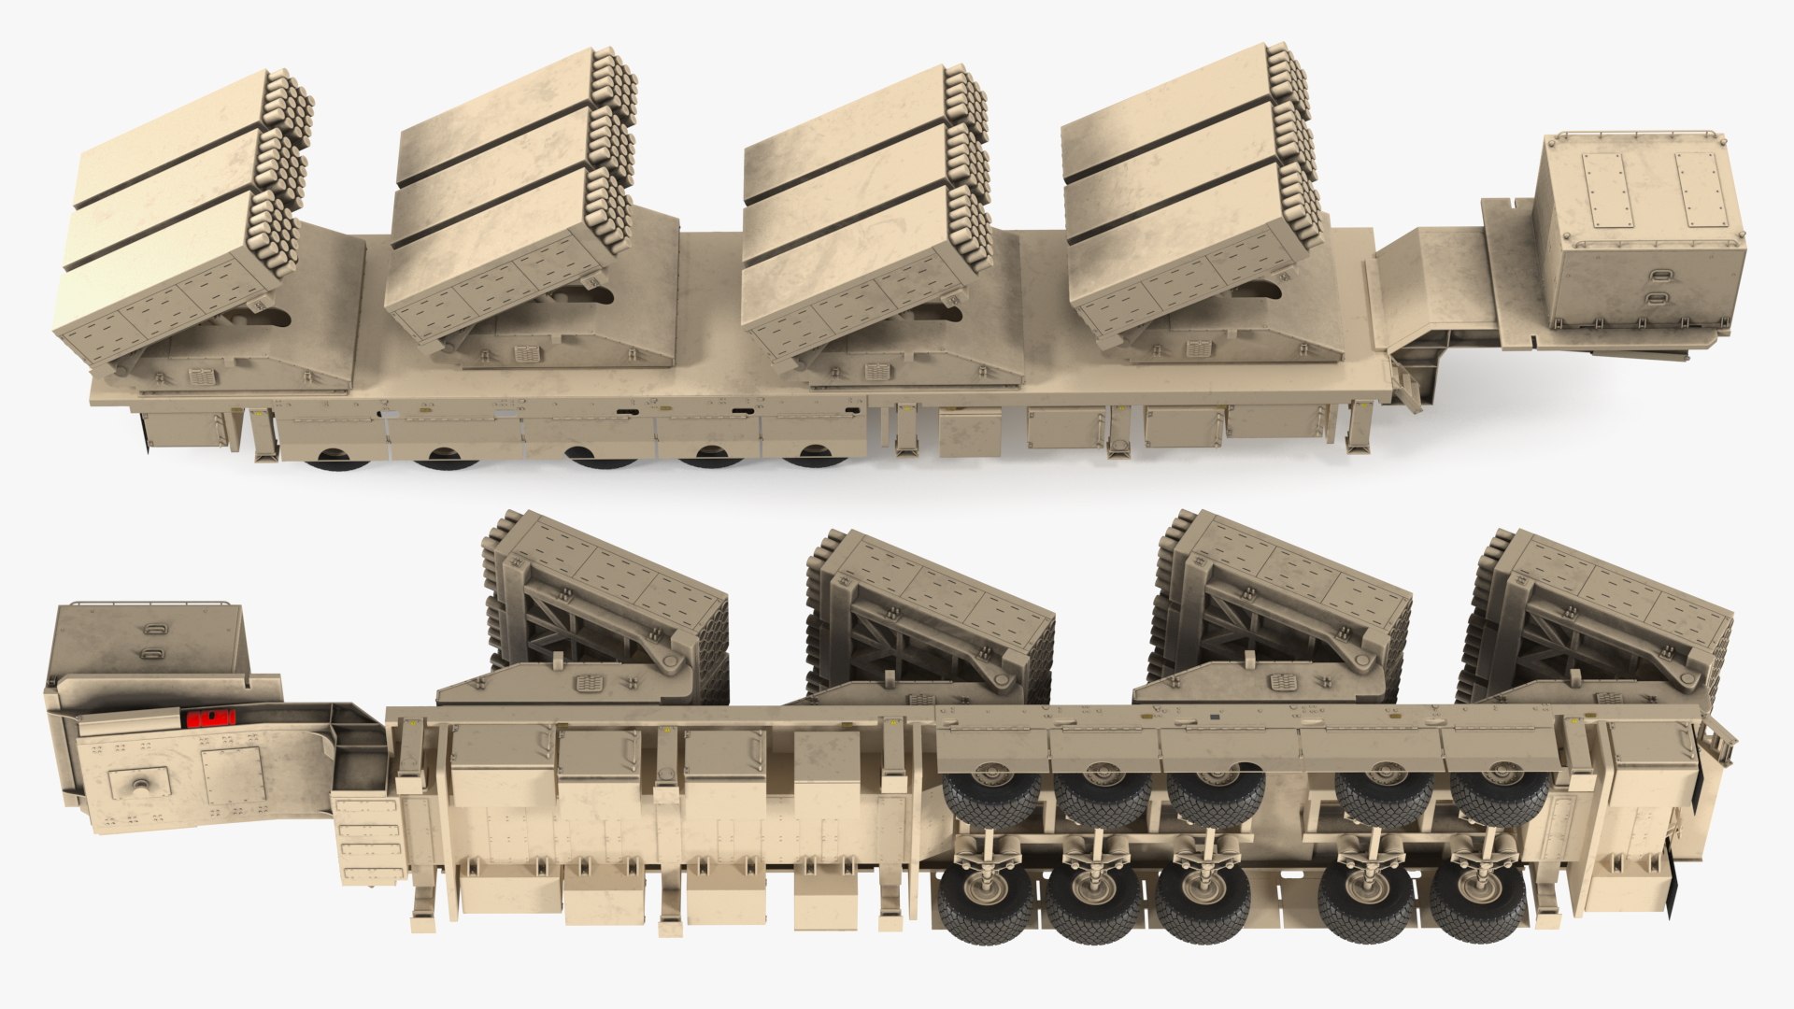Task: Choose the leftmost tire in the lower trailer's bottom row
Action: [987, 902]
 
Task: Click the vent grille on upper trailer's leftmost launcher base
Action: [202, 377]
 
